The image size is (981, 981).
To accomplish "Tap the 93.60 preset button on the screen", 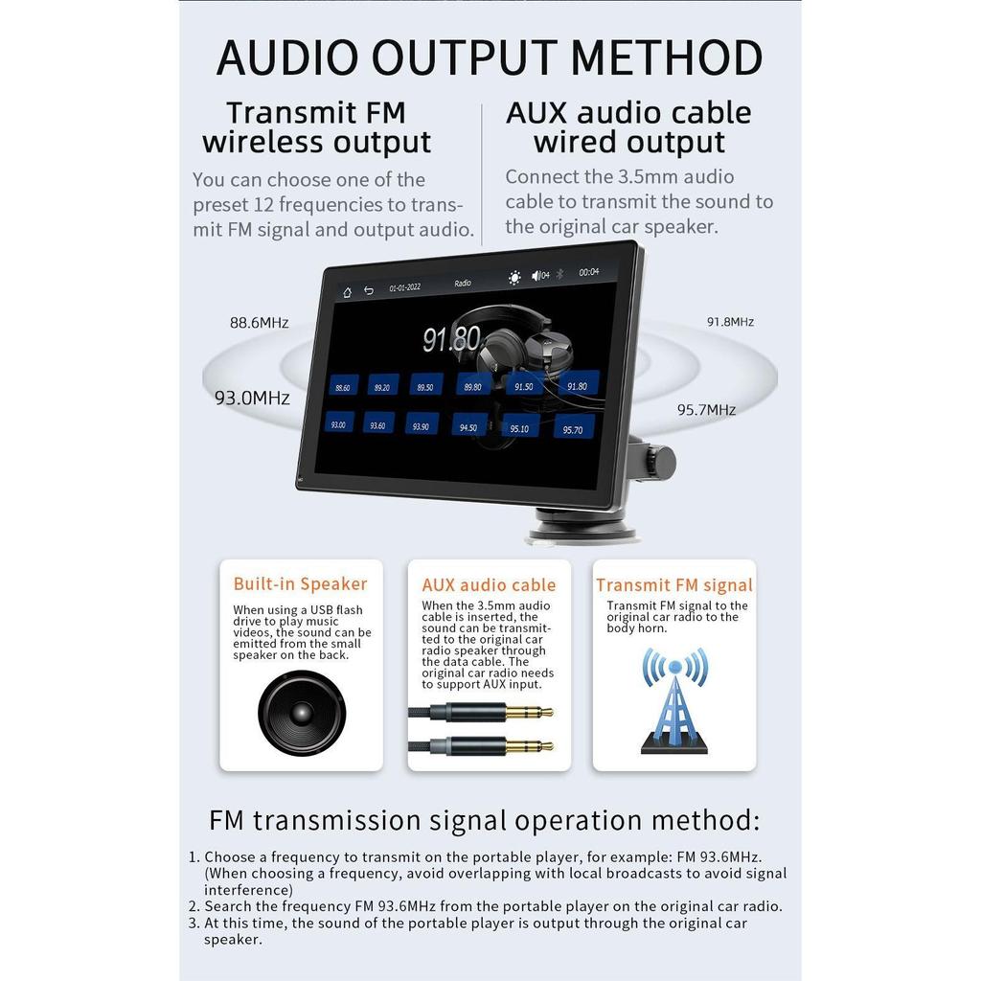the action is point(377,424).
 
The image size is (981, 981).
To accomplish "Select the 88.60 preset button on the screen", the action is point(343,387).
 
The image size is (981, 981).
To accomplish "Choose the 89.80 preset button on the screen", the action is point(473,386).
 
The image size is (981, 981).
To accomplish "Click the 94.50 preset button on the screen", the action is point(468,427).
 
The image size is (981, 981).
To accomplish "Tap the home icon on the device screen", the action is point(347,291).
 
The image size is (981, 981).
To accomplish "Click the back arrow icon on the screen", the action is point(369,290).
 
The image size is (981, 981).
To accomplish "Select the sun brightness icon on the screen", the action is point(514,278).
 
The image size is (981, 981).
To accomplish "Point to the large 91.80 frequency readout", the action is point(451,338).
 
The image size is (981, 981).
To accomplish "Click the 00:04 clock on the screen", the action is point(589,272).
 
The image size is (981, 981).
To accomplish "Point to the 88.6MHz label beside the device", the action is point(259,323).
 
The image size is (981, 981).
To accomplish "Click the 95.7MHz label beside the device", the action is point(706,410).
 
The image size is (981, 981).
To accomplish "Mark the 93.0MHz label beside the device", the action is point(252,398).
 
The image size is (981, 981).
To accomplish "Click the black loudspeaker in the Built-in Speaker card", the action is point(302,713).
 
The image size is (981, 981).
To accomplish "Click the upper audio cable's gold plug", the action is point(529,712).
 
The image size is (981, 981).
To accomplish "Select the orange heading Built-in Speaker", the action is point(300,583).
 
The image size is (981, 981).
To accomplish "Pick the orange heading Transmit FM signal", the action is point(674,585).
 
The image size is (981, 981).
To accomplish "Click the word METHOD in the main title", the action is point(667,57).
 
